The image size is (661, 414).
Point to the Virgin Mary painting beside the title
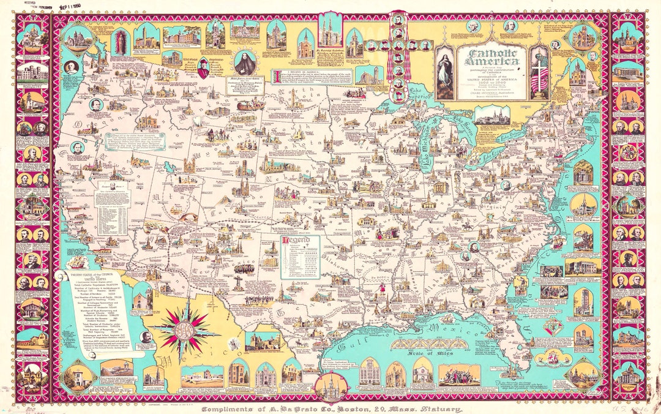[444, 73]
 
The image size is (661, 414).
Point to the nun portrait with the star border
[245, 62]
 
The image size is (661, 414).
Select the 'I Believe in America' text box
[318, 83]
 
